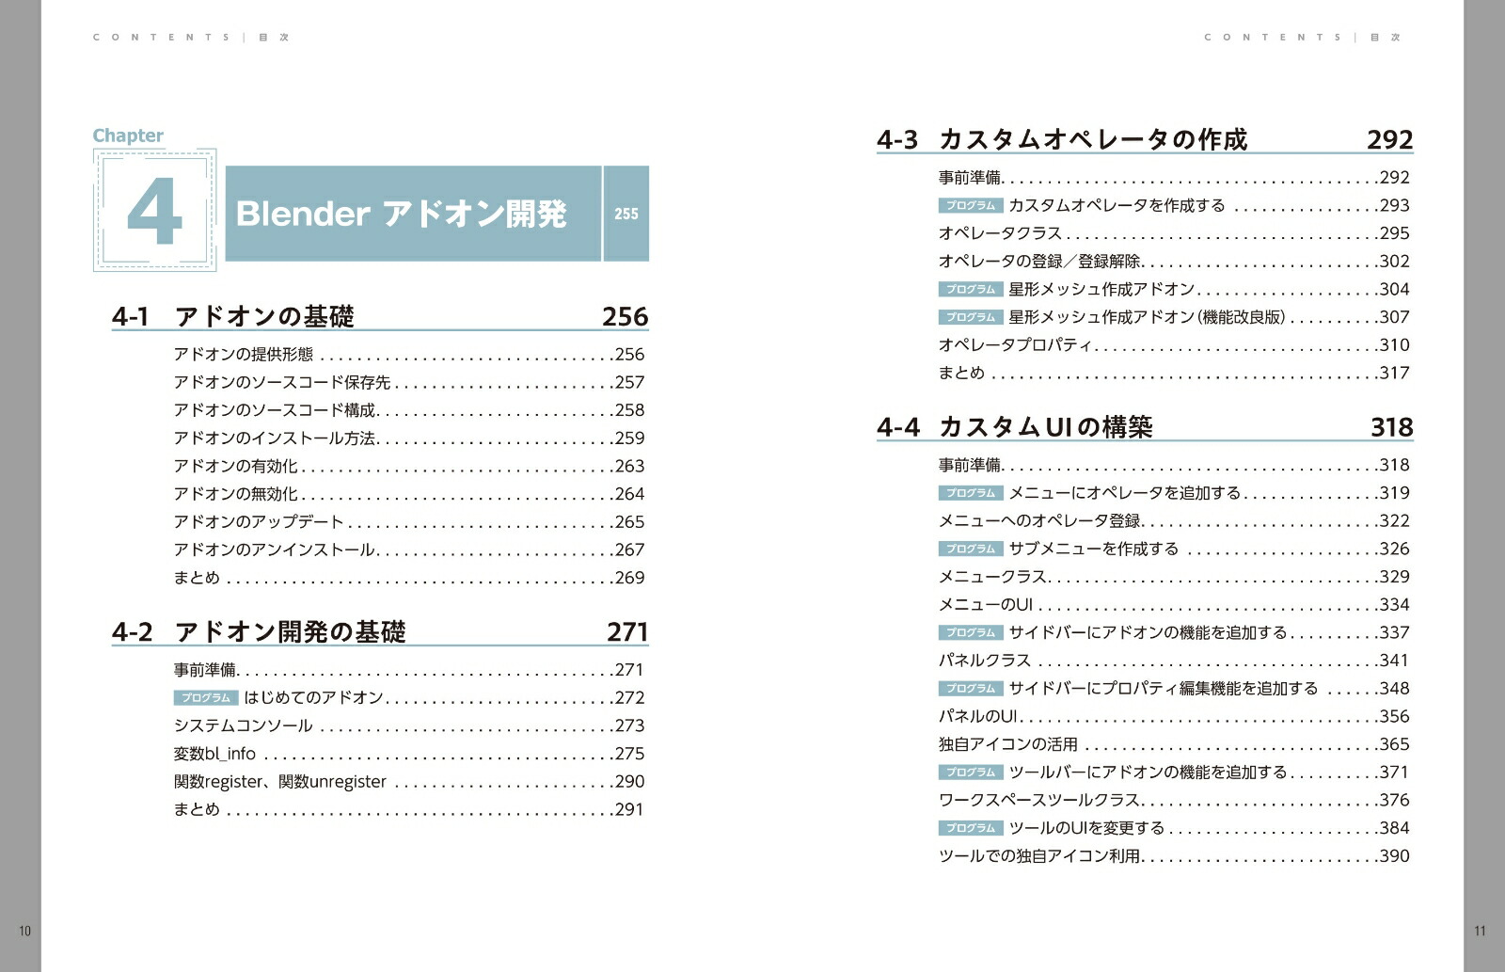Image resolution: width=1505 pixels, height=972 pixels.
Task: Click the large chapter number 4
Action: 154,212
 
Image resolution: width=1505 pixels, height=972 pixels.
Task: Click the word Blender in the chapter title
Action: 302,215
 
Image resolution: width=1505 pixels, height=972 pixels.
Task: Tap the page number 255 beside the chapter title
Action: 626,215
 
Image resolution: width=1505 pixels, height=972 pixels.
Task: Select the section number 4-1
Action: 131,316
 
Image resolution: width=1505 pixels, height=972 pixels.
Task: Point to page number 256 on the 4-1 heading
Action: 625,316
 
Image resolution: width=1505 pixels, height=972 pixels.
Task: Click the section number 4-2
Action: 132,631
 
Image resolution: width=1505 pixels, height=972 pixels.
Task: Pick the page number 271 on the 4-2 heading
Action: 626,631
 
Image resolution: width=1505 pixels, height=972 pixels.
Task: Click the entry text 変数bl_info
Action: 214,754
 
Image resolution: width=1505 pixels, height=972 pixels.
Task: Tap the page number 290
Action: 629,782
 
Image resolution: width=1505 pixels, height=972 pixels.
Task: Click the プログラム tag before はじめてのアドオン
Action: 206,698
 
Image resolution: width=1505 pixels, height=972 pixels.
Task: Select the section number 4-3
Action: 896,140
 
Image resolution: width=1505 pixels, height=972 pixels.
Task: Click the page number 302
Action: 1394,262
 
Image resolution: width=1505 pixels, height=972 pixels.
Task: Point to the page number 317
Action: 1394,374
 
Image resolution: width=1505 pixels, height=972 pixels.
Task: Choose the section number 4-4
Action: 897,427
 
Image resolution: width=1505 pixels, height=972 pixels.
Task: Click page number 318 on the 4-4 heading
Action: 1391,427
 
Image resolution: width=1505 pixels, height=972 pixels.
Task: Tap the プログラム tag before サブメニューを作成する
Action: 971,549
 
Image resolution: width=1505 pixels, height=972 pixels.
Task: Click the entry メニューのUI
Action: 985,605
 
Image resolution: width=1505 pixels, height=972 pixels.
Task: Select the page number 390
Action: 1394,856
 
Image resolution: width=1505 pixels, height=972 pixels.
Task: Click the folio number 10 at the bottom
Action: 25,931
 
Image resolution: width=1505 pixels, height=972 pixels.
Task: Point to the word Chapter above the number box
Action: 128,135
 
